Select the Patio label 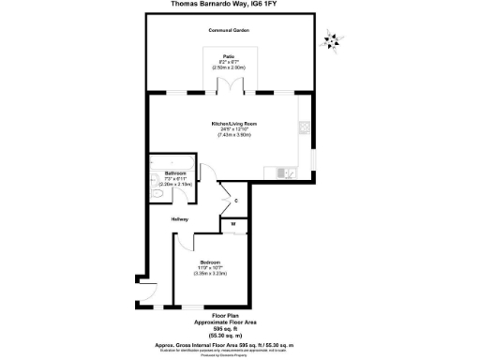pyautogui.click(x=228, y=56)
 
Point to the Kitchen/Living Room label pyautogui.click(x=233, y=124)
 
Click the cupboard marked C pyautogui.click(x=236, y=201)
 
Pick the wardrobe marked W pyautogui.click(x=233, y=223)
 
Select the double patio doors pyautogui.click(x=230, y=87)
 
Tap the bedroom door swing pyautogui.click(x=184, y=241)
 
